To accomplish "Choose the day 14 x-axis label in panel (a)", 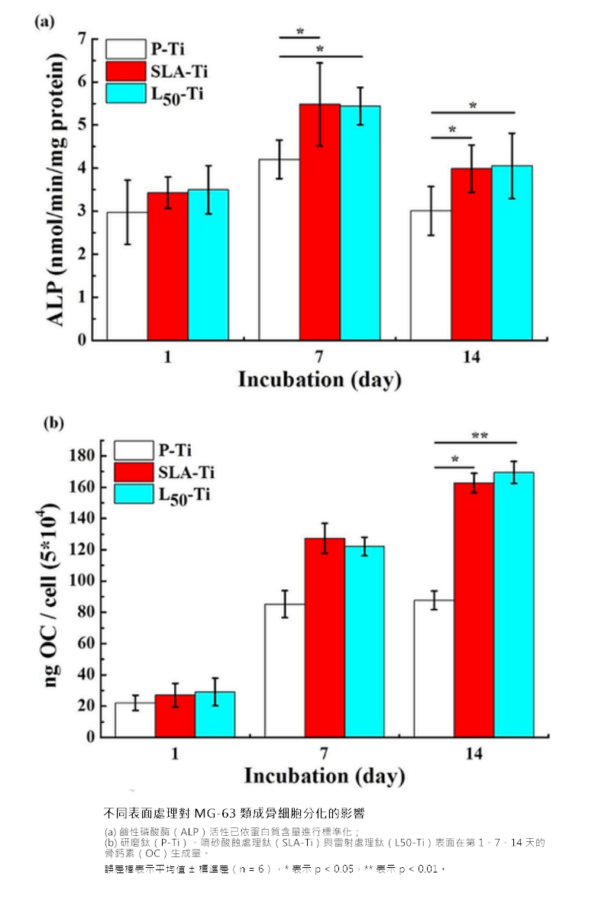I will click(x=472, y=356).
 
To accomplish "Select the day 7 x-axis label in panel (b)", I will click(x=325, y=753).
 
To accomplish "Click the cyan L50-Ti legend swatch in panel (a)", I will click(x=124, y=94).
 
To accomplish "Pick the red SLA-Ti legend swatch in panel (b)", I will click(x=134, y=472).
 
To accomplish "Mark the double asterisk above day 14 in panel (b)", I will click(x=479, y=436).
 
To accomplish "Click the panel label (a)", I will click(x=44, y=21).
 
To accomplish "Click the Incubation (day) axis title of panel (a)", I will click(x=319, y=379).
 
